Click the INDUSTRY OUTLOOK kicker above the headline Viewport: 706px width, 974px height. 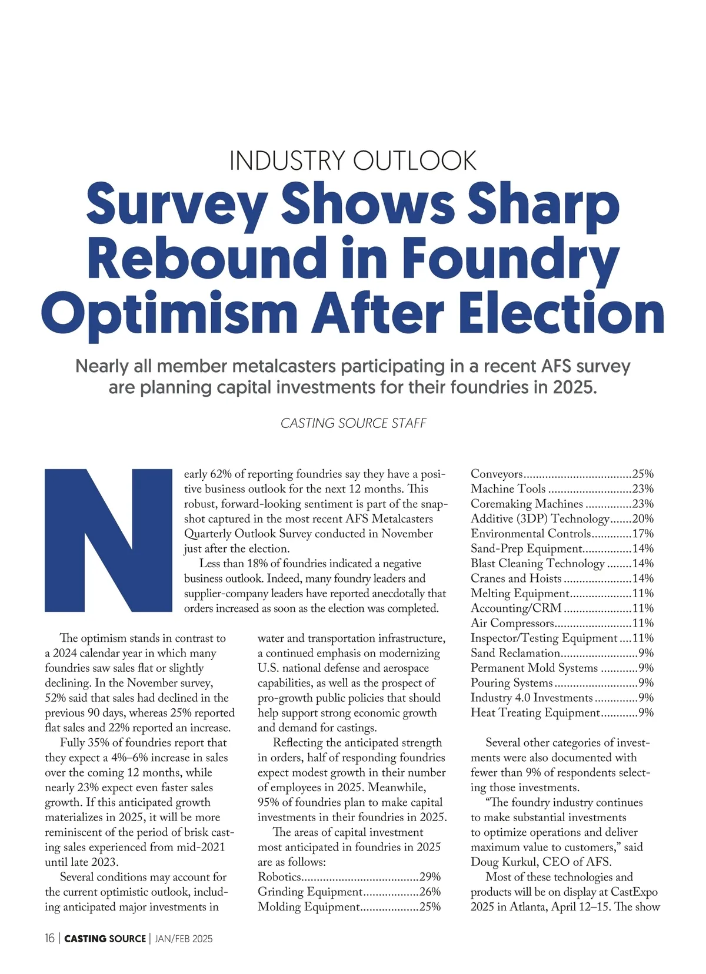(352, 160)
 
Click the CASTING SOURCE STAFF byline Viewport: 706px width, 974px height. (353, 423)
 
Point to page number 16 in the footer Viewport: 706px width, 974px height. (49, 939)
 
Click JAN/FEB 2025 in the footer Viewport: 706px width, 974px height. (184, 939)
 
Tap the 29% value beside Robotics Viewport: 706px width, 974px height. (429, 877)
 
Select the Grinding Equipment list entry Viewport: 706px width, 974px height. (309, 892)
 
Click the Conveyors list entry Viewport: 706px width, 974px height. (497, 474)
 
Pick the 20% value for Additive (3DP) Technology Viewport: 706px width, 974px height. (642, 518)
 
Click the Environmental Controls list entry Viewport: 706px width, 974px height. (530, 533)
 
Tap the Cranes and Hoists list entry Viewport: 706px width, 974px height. (516, 578)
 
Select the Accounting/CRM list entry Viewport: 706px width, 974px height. (516, 608)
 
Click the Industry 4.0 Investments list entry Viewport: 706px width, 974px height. (531, 698)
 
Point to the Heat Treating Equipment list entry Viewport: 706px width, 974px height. (535, 712)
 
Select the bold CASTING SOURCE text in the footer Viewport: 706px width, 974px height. (105, 939)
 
